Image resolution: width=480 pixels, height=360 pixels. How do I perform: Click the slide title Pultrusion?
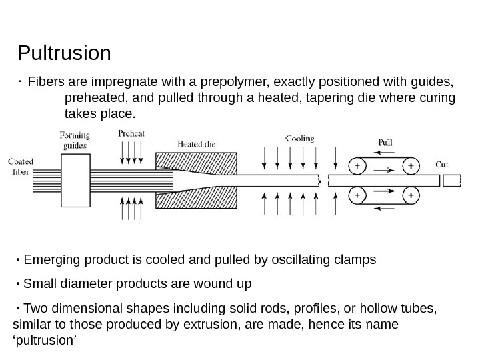tap(64, 52)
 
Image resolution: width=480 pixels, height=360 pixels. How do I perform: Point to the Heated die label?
tap(196, 143)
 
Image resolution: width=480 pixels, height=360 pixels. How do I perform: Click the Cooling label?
tap(299, 139)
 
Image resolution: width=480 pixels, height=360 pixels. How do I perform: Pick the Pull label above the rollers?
tap(385, 142)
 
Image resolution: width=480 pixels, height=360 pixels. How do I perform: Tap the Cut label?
tap(441, 163)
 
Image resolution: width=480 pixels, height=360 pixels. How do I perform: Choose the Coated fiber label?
tap(21, 165)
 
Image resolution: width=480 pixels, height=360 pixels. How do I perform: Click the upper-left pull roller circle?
tap(358, 165)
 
